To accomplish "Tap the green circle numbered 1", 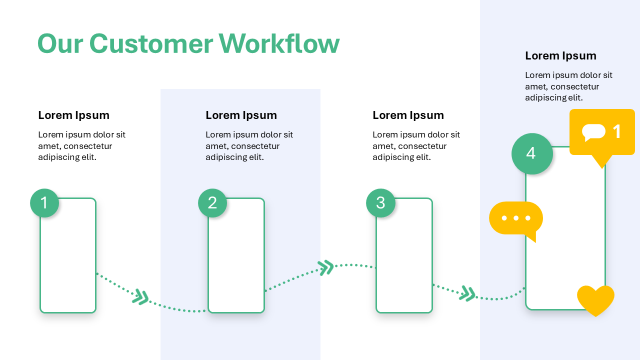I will (44, 203).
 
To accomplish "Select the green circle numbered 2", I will (212, 203).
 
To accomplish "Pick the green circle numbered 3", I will (380, 203).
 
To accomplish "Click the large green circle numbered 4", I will (532, 153).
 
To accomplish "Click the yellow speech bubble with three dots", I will (515, 218).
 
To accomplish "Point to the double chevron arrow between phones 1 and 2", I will (141, 297).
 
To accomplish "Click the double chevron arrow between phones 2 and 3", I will (326, 267).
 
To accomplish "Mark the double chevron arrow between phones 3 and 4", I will (467, 293).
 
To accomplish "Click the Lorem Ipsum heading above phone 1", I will (73, 115).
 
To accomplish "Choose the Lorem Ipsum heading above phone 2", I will (241, 115).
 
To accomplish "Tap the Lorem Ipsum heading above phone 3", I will (408, 115).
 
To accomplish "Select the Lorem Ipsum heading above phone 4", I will (560, 55).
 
